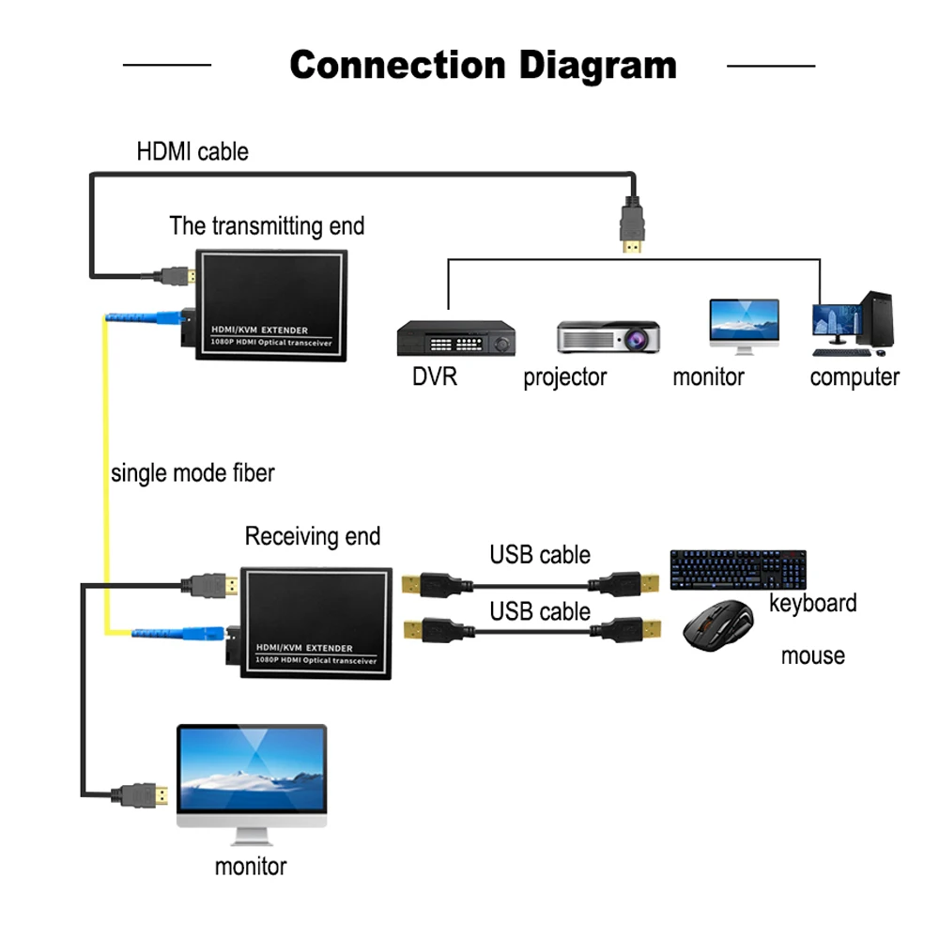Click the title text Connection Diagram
tap(483, 65)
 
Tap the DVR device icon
tap(456, 339)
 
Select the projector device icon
tap(608, 337)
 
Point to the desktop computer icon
tap(853, 325)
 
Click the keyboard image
tap(738, 569)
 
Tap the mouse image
tap(718, 628)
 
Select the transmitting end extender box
tap(271, 304)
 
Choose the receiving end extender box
tap(316, 620)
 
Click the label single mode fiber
tap(192, 472)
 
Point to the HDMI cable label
tap(192, 151)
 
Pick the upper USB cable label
tap(540, 555)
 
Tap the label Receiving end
tap(313, 536)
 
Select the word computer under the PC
tap(854, 377)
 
